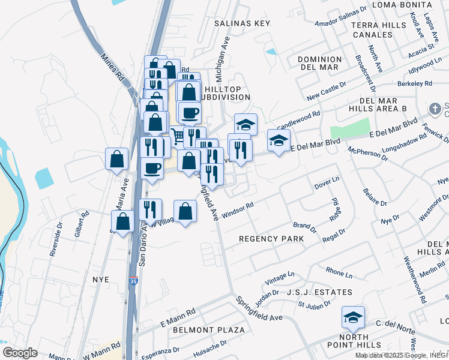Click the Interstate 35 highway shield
[x=132, y=280]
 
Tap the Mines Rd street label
[x=112, y=69]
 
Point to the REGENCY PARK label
[x=271, y=239]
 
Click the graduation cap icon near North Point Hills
[x=353, y=316]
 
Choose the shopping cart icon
[x=177, y=134]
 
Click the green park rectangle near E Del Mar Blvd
[x=350, y=128]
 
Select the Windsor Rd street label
[x=238, y=210]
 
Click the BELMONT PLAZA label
[x=208, y=330]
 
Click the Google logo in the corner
[x=20, y=353]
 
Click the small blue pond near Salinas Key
[x=271, y=52]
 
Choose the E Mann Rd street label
[x=178, y=313]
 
